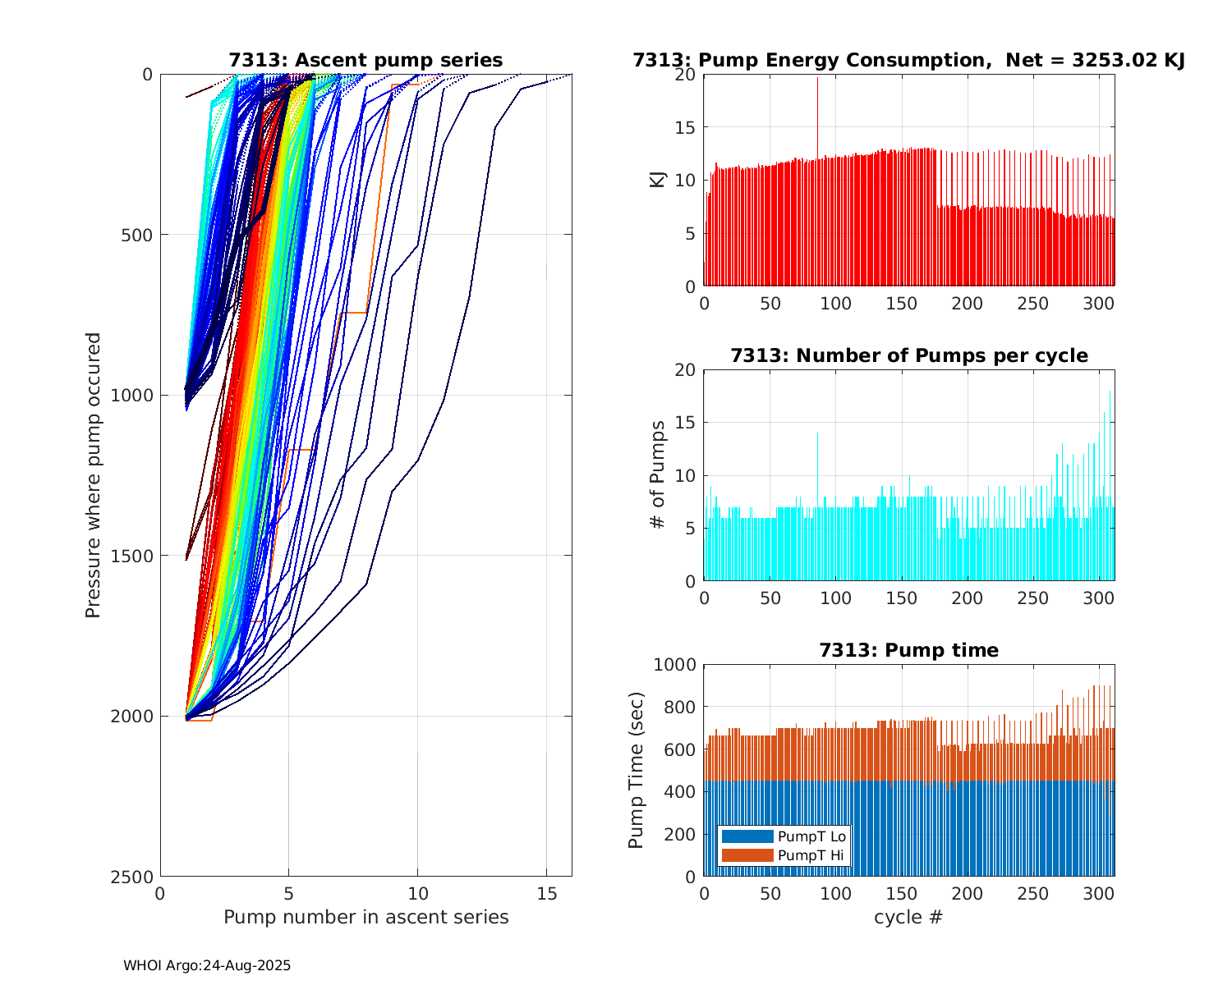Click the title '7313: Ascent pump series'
[365, 61]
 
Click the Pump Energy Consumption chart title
[908, 61]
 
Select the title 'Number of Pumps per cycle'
[908, 356]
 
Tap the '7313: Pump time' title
[908, 651]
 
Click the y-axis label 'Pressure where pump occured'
[94, 474]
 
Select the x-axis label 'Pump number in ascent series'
[365, 918]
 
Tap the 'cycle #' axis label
[908, 918]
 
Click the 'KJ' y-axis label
[658, 180]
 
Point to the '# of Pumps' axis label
[658, 474]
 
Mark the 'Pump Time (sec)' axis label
[637, 770]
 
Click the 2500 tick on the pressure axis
[135, 877]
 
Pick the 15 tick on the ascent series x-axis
[546, 893]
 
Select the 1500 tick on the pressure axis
[135, 556]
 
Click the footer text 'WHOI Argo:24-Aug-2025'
[207, 966]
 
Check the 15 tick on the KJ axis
[685, 127]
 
